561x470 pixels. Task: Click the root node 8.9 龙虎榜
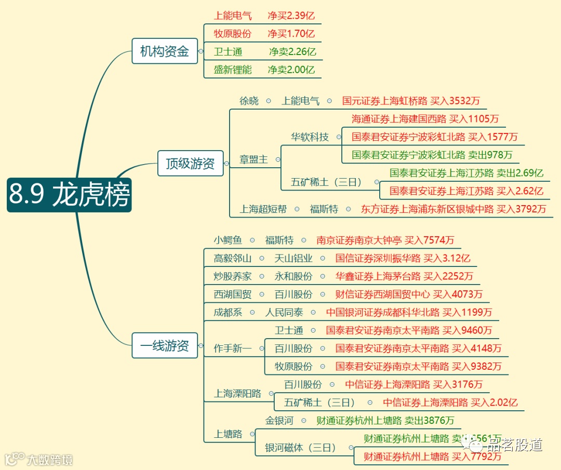tap(69, 195)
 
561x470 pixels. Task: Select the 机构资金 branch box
tap(165, 51)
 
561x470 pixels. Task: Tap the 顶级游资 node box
tap(190, 164)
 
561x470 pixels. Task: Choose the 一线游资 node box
tap(165, 345)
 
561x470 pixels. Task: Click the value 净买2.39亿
tap(291, 16)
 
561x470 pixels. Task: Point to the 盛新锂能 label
tap(232, 70)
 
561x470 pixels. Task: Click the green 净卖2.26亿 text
tap(292, 52)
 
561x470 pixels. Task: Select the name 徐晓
tap(249, 101)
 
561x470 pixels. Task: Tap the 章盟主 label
tap(253, 159)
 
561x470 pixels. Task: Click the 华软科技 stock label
tap(310, 137)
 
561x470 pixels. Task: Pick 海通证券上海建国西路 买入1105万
tap(425, 119)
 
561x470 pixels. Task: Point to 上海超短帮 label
tap(263, 209)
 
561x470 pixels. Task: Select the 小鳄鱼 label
tap(228, 240)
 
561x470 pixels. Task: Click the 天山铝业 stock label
tap(293, 258)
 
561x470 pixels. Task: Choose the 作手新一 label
tap(232, 348)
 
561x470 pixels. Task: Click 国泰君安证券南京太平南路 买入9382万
tap(418, 366)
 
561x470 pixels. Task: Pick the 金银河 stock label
tap(279, 420)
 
